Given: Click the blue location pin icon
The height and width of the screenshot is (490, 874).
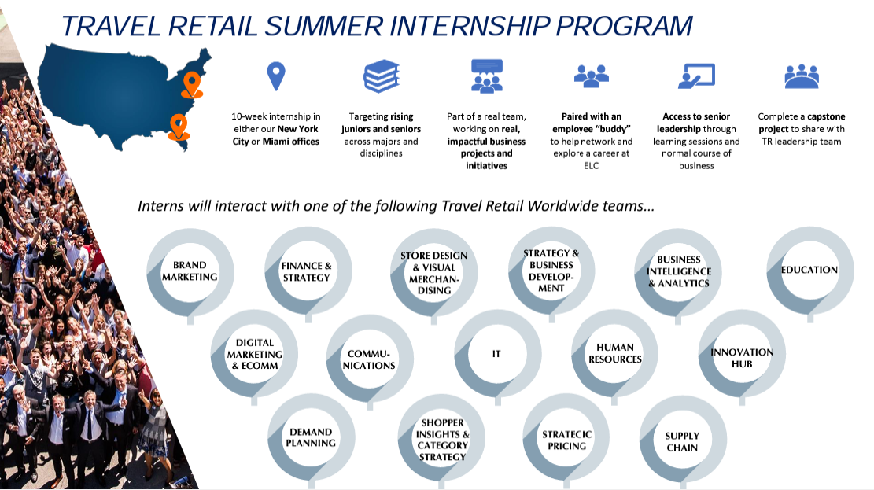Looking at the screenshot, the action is [276, 76].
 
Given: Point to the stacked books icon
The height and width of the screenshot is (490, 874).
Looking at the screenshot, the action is [382, 76].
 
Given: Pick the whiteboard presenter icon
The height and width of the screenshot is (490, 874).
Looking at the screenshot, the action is [696, 76].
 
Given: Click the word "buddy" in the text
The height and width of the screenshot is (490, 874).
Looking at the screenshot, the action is [613, 129].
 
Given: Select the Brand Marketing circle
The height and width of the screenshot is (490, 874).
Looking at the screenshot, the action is [190, 273].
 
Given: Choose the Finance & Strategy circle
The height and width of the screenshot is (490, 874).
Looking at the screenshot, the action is [308, 271].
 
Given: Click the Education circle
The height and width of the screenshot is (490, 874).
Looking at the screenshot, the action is [810, 271].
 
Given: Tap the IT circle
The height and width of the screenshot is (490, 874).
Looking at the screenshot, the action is [498, 353].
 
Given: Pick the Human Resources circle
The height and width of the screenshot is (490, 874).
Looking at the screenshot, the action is [615, 353].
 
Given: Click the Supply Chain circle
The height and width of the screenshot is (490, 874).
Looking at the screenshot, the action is [683, 439].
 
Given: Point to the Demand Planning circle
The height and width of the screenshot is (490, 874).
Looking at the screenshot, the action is [311, 437].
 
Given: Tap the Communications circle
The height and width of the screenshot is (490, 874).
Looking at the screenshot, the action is [370, 359].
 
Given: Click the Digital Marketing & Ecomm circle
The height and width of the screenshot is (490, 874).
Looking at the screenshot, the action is [254, 353].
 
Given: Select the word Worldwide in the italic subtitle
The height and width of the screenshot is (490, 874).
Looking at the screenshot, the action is [562, 206].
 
